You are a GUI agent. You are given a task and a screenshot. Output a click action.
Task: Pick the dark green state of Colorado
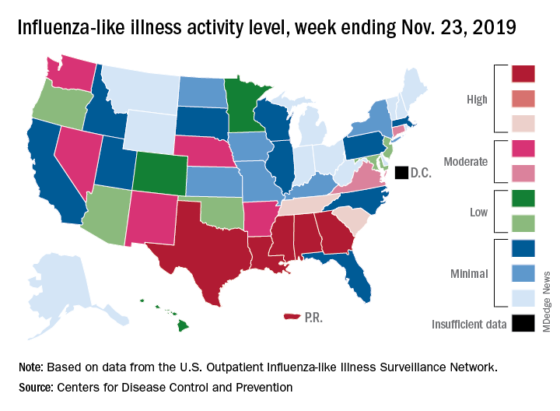[160, 173]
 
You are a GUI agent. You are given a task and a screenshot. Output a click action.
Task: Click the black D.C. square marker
[401, 173]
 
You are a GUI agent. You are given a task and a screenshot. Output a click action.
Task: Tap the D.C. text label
[421, 173]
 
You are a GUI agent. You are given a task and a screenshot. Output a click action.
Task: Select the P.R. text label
[313, 318]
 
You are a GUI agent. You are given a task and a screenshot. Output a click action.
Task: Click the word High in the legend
[477, 99]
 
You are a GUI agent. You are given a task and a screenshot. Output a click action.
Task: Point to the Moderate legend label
[465, 162]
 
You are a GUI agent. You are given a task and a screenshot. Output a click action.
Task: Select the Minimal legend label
[469, 274]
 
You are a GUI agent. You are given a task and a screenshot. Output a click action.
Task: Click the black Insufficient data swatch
[523, 323]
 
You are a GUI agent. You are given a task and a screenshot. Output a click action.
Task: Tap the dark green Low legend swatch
[523, 198]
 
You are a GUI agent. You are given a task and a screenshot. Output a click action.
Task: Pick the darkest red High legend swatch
[523, 74]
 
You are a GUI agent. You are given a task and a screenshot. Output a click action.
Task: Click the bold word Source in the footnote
[36, 388]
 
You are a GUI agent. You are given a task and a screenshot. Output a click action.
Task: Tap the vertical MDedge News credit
[547, 302]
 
